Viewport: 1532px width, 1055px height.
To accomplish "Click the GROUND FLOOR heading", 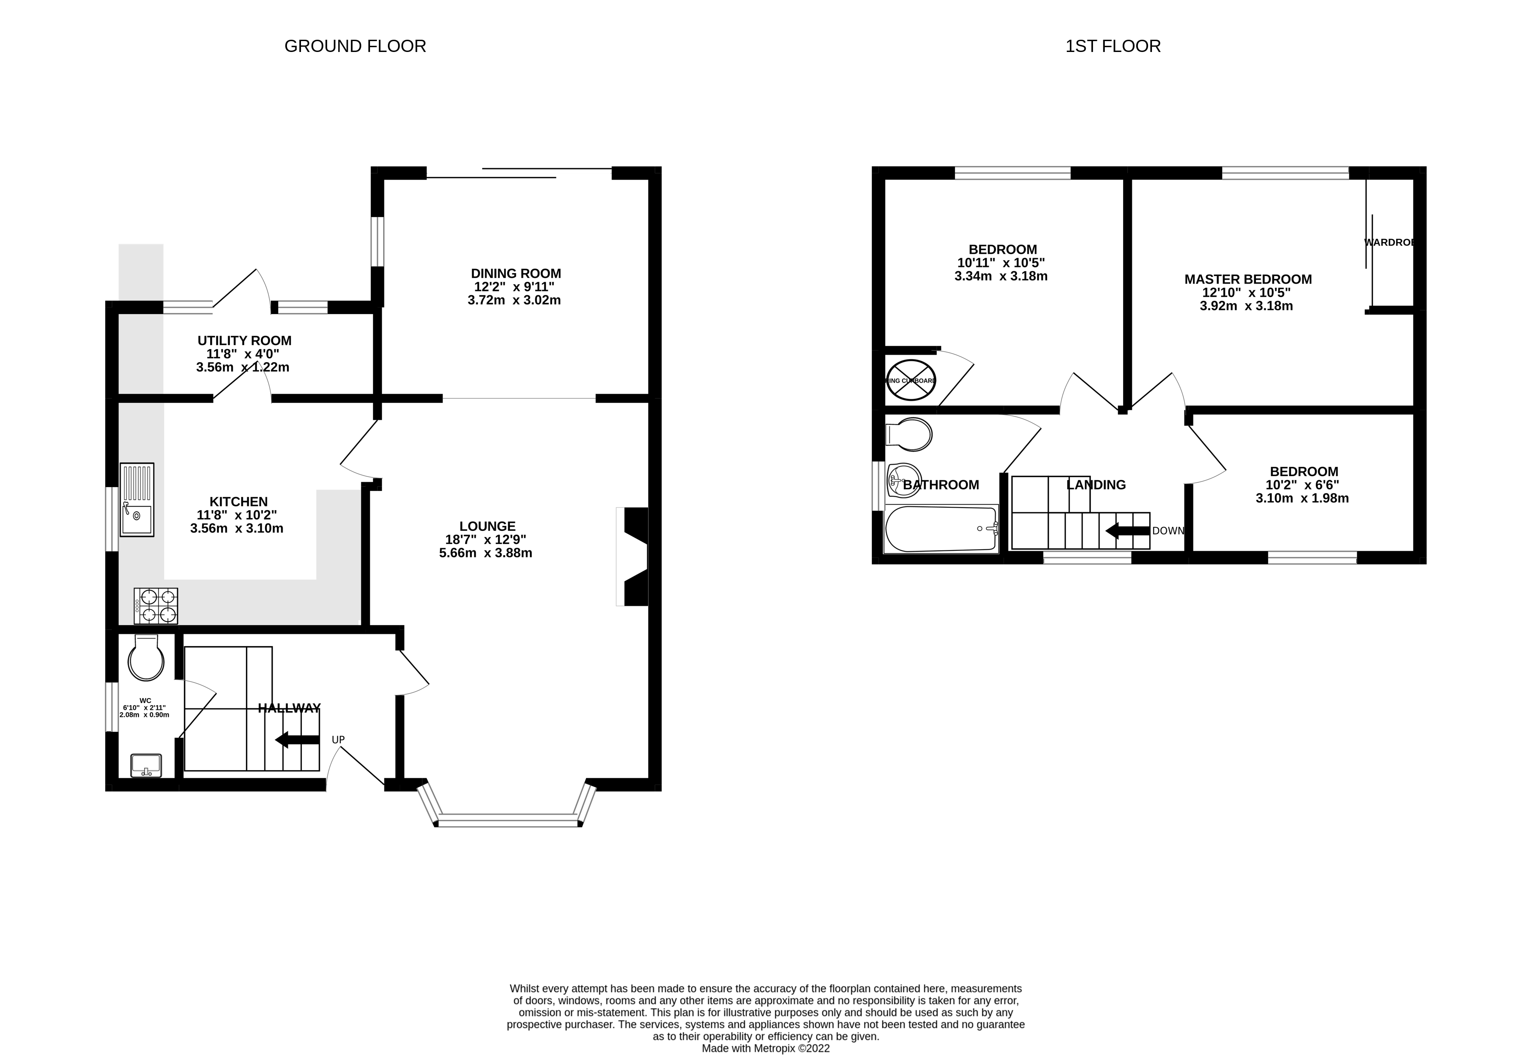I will pyautogui.click(x=355, y=46).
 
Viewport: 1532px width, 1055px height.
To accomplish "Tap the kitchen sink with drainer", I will pyautogui.click(x=137, y=499).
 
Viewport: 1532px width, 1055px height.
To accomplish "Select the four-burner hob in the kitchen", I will pyautogui.click(x=156, y=605).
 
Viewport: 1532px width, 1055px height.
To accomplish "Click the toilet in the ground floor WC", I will pyautogui.click(x=146, y=658).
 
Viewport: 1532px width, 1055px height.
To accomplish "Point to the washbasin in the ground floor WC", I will pyautogui.click(x=146, y=765).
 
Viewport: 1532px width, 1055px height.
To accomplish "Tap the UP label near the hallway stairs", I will pyautogui.click(x=338, y=740).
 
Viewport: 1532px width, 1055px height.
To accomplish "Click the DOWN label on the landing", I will pyautogui.click(x=1168, y=531).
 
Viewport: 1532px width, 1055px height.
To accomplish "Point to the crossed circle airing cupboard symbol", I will pyautogui.click(x=911, y=380).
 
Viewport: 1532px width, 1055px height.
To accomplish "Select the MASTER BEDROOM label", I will pyautogui.click(x=1248, y=279).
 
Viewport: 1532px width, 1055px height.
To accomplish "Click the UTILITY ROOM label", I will pyautogui.click(x=245, y=340).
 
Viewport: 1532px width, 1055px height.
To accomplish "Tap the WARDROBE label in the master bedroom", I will pyautogui.click(x=1389, y=242).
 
